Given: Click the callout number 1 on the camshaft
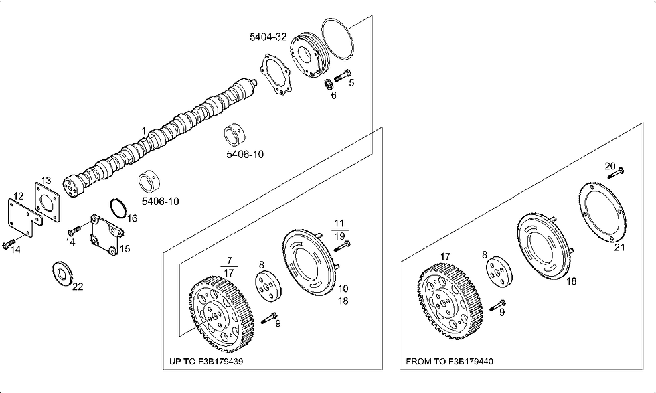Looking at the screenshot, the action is click(143, 131).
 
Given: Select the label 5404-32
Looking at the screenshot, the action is click(268, 37).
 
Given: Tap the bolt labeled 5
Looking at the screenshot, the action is click(342, 76).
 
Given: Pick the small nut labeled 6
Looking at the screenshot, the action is click(329, 84).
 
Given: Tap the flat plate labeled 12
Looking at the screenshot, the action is click(24, 217).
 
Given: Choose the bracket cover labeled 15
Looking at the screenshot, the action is click(106, 235).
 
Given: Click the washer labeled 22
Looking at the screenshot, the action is click(63, 274).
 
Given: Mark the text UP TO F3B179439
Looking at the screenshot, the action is click(206, 361).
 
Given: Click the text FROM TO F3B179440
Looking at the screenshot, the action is click(449, 361).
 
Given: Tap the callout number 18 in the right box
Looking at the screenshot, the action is click(571, 281).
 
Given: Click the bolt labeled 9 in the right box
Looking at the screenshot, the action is click(497, 305).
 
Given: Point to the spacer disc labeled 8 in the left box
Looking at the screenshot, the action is click(268, 287).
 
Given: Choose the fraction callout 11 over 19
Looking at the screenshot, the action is click(339, 230).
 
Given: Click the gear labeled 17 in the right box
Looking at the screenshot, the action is click(450, 301).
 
